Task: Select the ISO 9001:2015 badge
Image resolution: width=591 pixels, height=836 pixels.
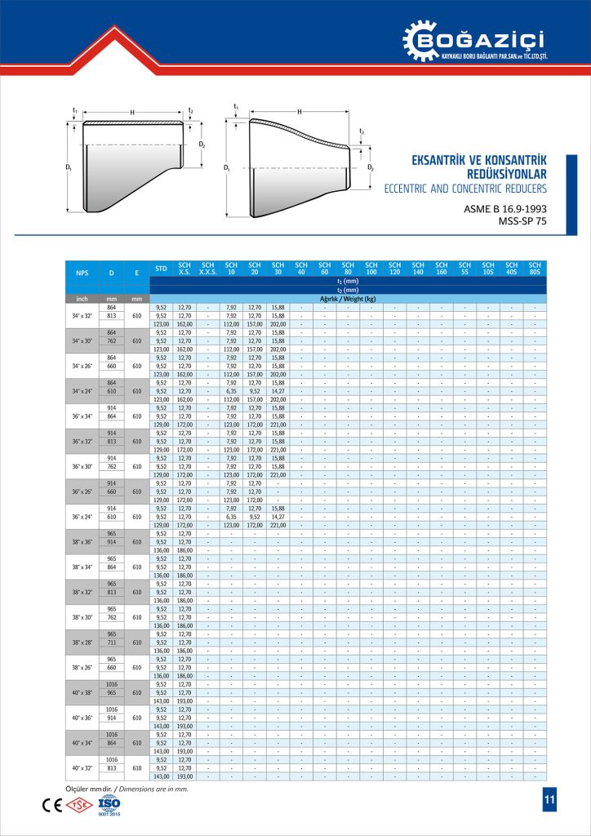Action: pyautogui.click(x=108, y=805)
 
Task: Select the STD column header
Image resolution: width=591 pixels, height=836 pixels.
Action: pyautogui.click(x=162, y=269)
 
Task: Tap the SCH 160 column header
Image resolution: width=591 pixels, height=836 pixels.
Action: pyautogui.click(x=442, y=269)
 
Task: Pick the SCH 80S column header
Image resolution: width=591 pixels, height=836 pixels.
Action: pyautogui.click(x=535, y=269)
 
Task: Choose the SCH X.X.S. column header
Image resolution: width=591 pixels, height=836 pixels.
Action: pyautogui.click(x=208, y=269)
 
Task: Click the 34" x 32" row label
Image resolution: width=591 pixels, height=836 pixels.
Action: pyautogui.click(x=82, y=315)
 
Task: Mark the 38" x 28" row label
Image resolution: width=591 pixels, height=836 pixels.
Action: pyautogui.click(x=82, y=643)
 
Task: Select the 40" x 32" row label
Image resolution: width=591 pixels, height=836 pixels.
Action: pyautogui.click(x=82, y=768)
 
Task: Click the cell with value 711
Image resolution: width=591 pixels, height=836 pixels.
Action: pyautogui.click(x=112, y=643)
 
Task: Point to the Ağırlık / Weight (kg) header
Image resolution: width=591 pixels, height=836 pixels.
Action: pyautogui.click(x=348, y=299)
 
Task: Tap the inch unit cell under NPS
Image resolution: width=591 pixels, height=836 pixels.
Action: pyautogui.click(x=82, y=299)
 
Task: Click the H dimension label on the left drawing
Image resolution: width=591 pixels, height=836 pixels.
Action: pyautogui.click(x=131, y=113)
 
